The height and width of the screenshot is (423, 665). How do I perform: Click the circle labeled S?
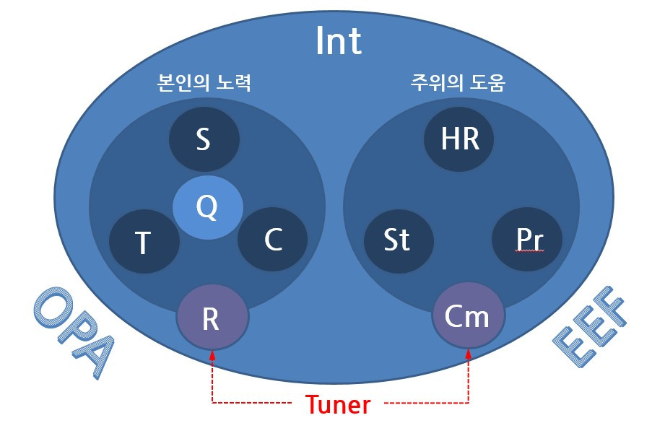[x=204, y=139]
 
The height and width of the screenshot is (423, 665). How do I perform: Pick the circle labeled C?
[x=272, y=240]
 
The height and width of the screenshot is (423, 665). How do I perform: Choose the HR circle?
[x=459, y=138]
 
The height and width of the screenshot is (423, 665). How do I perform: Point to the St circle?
[x=397, y=240]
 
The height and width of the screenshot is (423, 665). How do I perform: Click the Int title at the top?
[x=338, y=41]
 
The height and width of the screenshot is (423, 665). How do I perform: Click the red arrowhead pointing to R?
[x=212, y=354]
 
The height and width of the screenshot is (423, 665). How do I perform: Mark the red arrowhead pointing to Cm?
[x=469, y=354]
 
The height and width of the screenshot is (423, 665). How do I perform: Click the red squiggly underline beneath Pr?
[x=528, y=252]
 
